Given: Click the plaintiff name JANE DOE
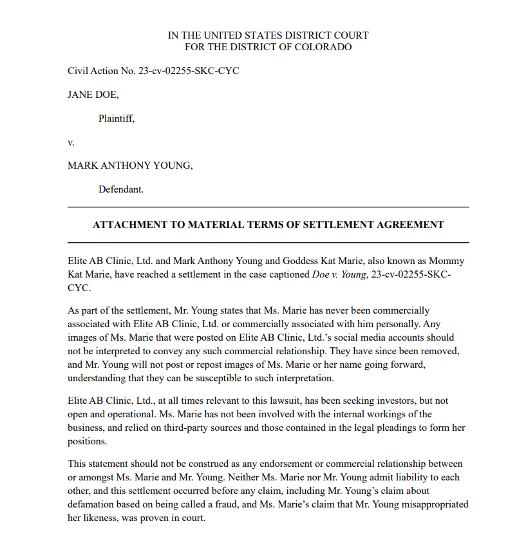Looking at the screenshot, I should point(93,95).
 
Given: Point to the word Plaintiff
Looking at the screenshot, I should point(116,119).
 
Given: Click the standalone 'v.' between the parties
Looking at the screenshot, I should point(71,142).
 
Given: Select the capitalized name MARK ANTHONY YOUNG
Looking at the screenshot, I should point(130,166).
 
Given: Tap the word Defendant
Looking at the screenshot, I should point(120,189).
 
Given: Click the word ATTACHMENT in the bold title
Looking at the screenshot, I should point(131,225).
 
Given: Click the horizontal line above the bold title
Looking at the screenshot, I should point(268,207).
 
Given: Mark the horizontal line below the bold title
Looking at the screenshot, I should point(268,243).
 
